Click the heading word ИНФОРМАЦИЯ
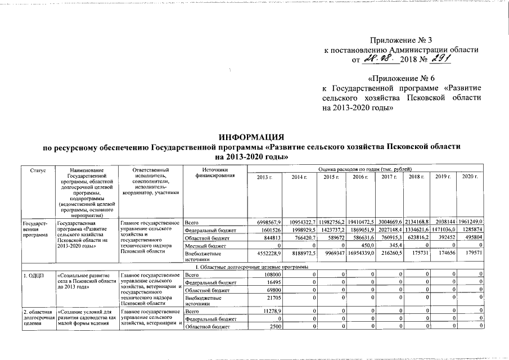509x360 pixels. (x=251, y=137)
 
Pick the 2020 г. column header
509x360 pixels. (x=469, y=177)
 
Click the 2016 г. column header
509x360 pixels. (x=360, y=177)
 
